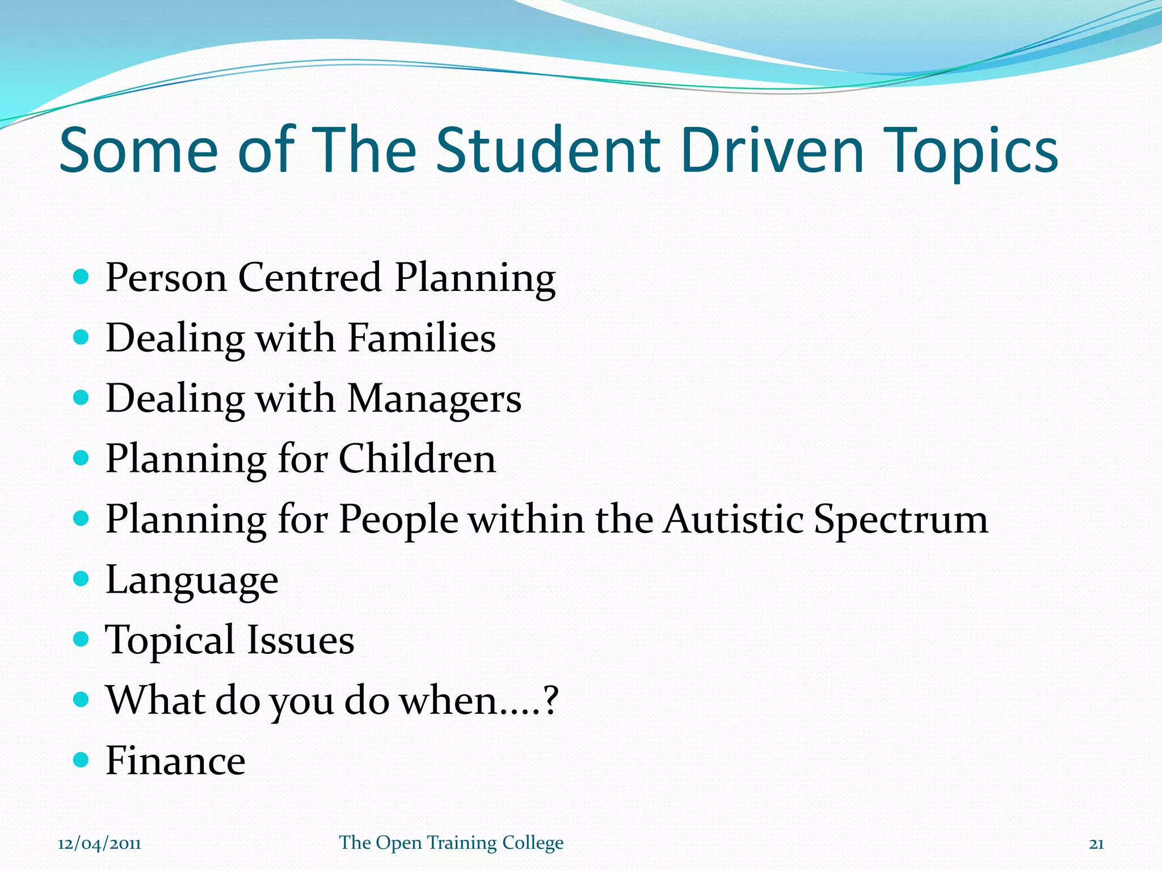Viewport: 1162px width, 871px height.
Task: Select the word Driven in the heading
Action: pos(772,150)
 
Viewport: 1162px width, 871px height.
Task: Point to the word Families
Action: pos(421,338)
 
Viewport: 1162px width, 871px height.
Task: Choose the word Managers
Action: pos(434,399)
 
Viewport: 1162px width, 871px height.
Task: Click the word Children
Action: pos(417,459)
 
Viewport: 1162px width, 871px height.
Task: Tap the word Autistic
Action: pos(734,519)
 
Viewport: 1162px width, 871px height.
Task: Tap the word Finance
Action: pos(175,760)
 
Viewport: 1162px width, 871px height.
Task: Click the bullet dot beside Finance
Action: pos(82,759)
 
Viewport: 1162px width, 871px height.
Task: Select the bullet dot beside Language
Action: pos(82,578)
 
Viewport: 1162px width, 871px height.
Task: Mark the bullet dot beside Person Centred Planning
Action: pos(82,277)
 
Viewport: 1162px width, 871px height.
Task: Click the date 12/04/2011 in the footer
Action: pos(99,844)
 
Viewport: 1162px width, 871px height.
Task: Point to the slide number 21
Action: pos(1096,844)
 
